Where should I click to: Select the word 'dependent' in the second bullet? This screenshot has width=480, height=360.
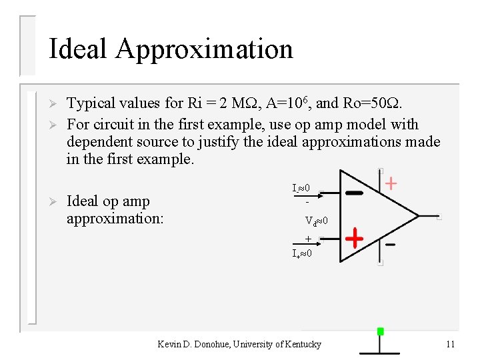pyautogui.click(x=97, y=142)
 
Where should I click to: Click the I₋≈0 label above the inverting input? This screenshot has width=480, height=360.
pyautogui.click(x=301, y=189)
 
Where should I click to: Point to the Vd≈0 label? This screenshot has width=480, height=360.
pyautogui.click(x=316, y=221)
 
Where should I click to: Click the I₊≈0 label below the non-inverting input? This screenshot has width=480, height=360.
pyautogui.click(x=301, y=253)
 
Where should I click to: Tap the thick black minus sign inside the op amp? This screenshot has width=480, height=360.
pyautogui.click(x=355, y=193)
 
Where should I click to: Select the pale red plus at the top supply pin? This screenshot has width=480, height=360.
pyautogui.click(x=392, y=183)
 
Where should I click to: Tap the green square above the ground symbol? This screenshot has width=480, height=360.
pyautogui.click(x=380, y=331)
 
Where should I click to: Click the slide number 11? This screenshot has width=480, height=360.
pyautogui.click(x=450, y=344)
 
